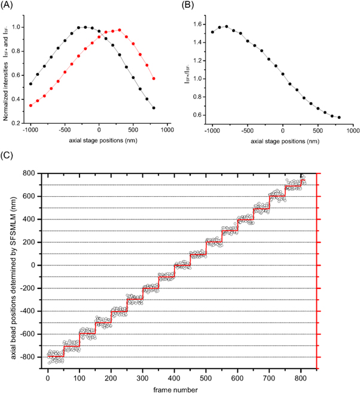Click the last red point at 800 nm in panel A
click(154, 78)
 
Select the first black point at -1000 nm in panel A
click(31, 84)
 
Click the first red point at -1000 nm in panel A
click(31, 105)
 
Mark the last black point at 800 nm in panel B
click(339, 117)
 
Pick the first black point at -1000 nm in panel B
click(212, 32)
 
